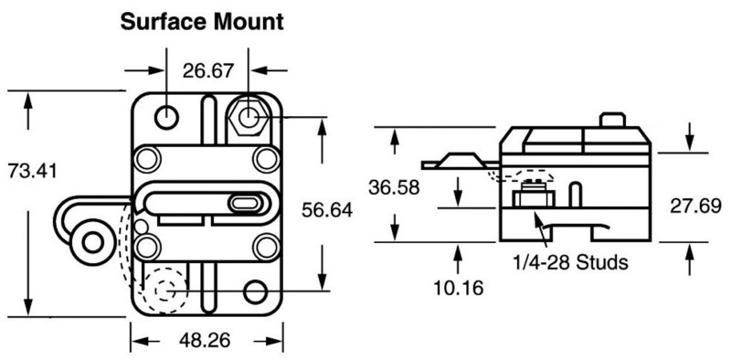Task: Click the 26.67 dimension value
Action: point(208,69)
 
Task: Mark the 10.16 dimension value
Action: point(455,285)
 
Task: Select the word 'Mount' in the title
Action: point(235,19)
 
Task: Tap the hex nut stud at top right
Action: point(249,117)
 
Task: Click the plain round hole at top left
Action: point(166,117)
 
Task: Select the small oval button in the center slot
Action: point(245,203)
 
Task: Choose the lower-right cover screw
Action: point(266,246)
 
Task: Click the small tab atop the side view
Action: point(619,121)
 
